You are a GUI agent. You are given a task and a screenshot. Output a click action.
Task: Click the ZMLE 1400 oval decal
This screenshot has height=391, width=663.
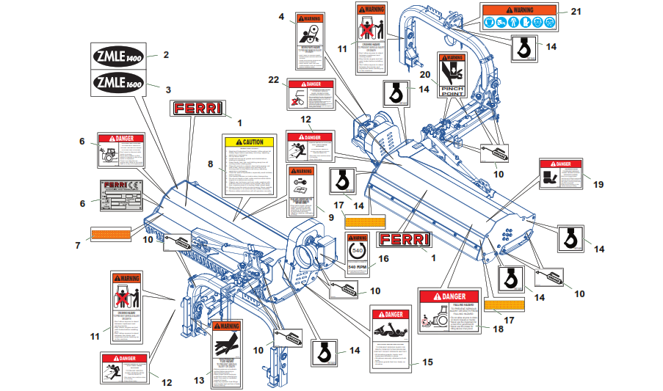tap(118, 54)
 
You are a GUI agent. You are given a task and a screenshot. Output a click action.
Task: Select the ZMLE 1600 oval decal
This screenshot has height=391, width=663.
tap(118, 82)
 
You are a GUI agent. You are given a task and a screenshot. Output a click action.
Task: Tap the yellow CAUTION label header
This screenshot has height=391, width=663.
tap(248, 142)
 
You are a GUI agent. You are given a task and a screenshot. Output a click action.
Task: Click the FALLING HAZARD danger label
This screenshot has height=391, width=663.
tap(452, 314)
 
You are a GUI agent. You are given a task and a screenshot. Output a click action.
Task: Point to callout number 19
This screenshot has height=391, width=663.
tap(598, 184)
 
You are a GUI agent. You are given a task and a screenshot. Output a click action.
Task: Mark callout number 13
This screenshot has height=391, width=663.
tap(199, 380)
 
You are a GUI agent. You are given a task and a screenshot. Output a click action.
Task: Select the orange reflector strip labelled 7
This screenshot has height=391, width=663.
tap(110, 235)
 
